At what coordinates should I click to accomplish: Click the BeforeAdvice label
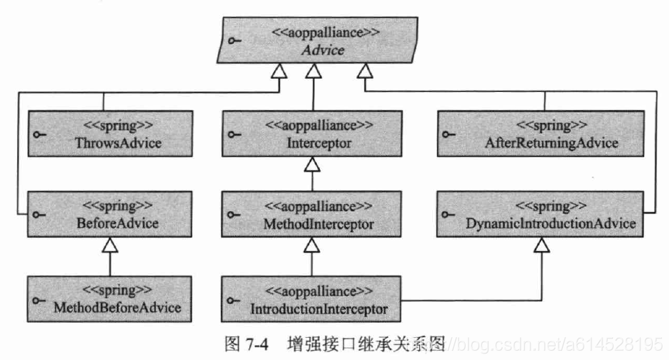pos(117,223)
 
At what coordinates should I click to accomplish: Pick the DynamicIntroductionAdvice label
pos(551,223)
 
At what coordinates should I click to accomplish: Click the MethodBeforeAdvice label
pos(117,307)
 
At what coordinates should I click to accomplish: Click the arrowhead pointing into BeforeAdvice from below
pos(110,245)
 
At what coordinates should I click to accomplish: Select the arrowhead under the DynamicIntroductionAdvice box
pos(541,245)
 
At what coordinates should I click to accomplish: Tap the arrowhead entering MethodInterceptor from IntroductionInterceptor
pos(313,245)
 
